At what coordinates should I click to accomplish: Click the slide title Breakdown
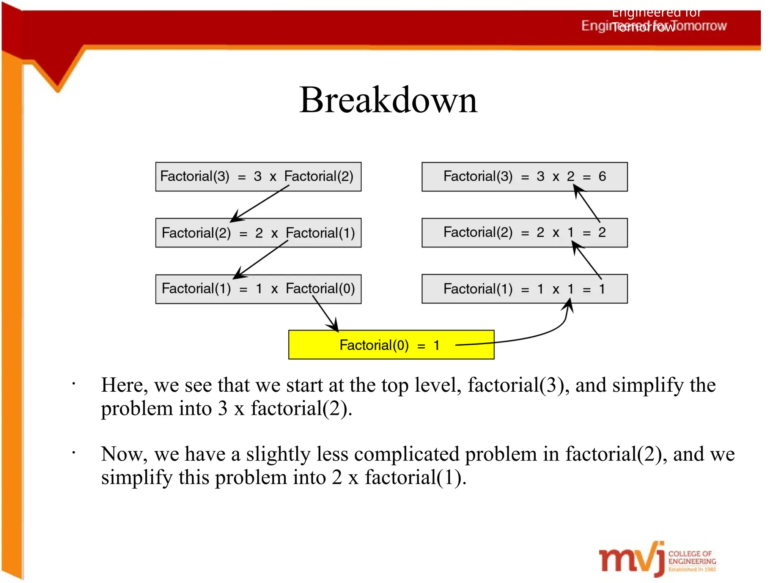coord(388,100)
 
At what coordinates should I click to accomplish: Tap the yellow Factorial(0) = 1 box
coord(391,345)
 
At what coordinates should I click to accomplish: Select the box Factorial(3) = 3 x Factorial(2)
coord(258,176)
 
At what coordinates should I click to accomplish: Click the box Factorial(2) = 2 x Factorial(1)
coord(258,233)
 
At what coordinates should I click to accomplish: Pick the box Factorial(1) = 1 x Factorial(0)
coord(258,289)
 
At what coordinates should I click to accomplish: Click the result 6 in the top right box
coord(602,176)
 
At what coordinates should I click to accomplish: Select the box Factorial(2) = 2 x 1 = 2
coord(524,233)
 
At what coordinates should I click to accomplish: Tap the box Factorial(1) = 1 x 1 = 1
coord(524,289)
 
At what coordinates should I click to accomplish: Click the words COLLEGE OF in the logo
coord(690,553)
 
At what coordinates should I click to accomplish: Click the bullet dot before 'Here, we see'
coord(74,384)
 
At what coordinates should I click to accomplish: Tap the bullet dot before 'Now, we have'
coord(74,452)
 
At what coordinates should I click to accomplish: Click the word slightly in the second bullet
coord(278,454)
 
